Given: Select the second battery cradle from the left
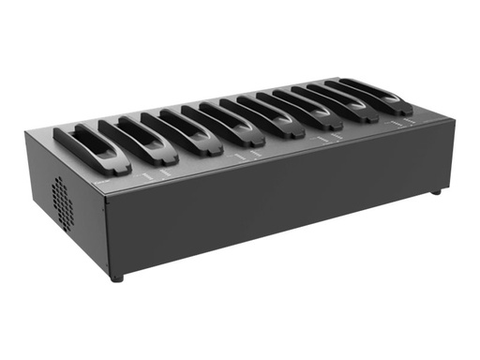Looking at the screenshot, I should coord(135,141).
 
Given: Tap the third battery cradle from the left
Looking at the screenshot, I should coord(177,132).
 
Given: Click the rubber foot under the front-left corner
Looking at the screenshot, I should coord(116,277).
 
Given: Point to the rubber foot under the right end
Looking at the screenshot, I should coord(434,191).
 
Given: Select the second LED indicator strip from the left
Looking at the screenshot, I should coord(163,172).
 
